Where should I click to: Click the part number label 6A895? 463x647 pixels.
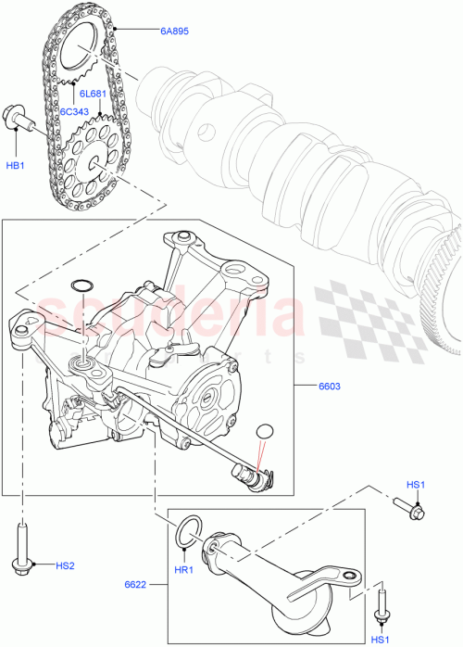(173, 32)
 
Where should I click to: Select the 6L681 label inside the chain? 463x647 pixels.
(93, 95)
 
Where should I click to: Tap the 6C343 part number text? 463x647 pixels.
(77, 111)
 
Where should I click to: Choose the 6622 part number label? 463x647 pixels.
(137, 586)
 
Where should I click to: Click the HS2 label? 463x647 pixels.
(65, 565)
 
